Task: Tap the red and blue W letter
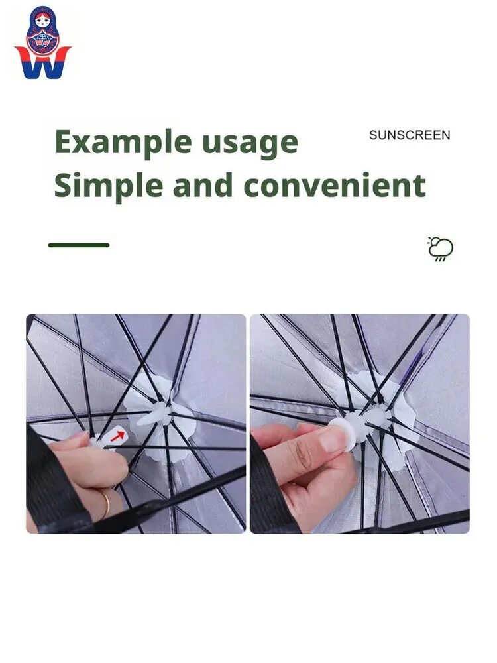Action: point(42,64)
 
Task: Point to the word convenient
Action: point(334,186)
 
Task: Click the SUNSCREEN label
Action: point(410,135)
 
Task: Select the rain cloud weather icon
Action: point(441,249)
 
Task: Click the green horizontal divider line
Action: point(79,245)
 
